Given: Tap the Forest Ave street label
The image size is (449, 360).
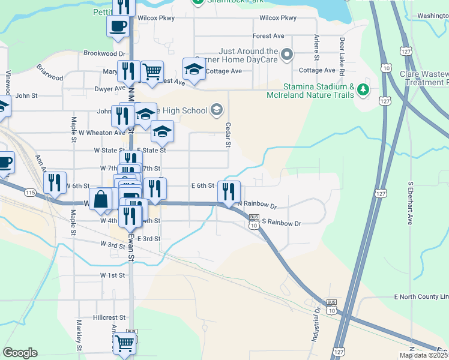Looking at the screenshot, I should (268, 36).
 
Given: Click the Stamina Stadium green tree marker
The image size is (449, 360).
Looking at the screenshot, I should (363, 89).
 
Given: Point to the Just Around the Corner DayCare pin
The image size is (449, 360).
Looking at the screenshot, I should (286, 55).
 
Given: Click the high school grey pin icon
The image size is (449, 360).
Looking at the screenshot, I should (217, 110).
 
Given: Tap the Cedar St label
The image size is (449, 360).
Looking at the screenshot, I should (228, 135).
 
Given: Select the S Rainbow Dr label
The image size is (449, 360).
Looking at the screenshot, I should (281, 223).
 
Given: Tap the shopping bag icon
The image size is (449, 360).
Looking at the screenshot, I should (100, 199).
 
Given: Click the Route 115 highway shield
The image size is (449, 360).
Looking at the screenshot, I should (31, 192).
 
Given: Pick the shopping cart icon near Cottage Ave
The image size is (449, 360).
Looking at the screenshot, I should (152, 71).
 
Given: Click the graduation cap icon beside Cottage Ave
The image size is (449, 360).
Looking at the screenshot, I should (194, 70).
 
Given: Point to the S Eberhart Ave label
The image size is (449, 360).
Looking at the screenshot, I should (411, 203).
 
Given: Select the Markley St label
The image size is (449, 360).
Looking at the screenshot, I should (79, 335).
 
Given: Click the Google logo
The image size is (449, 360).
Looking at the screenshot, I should (20, 353).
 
